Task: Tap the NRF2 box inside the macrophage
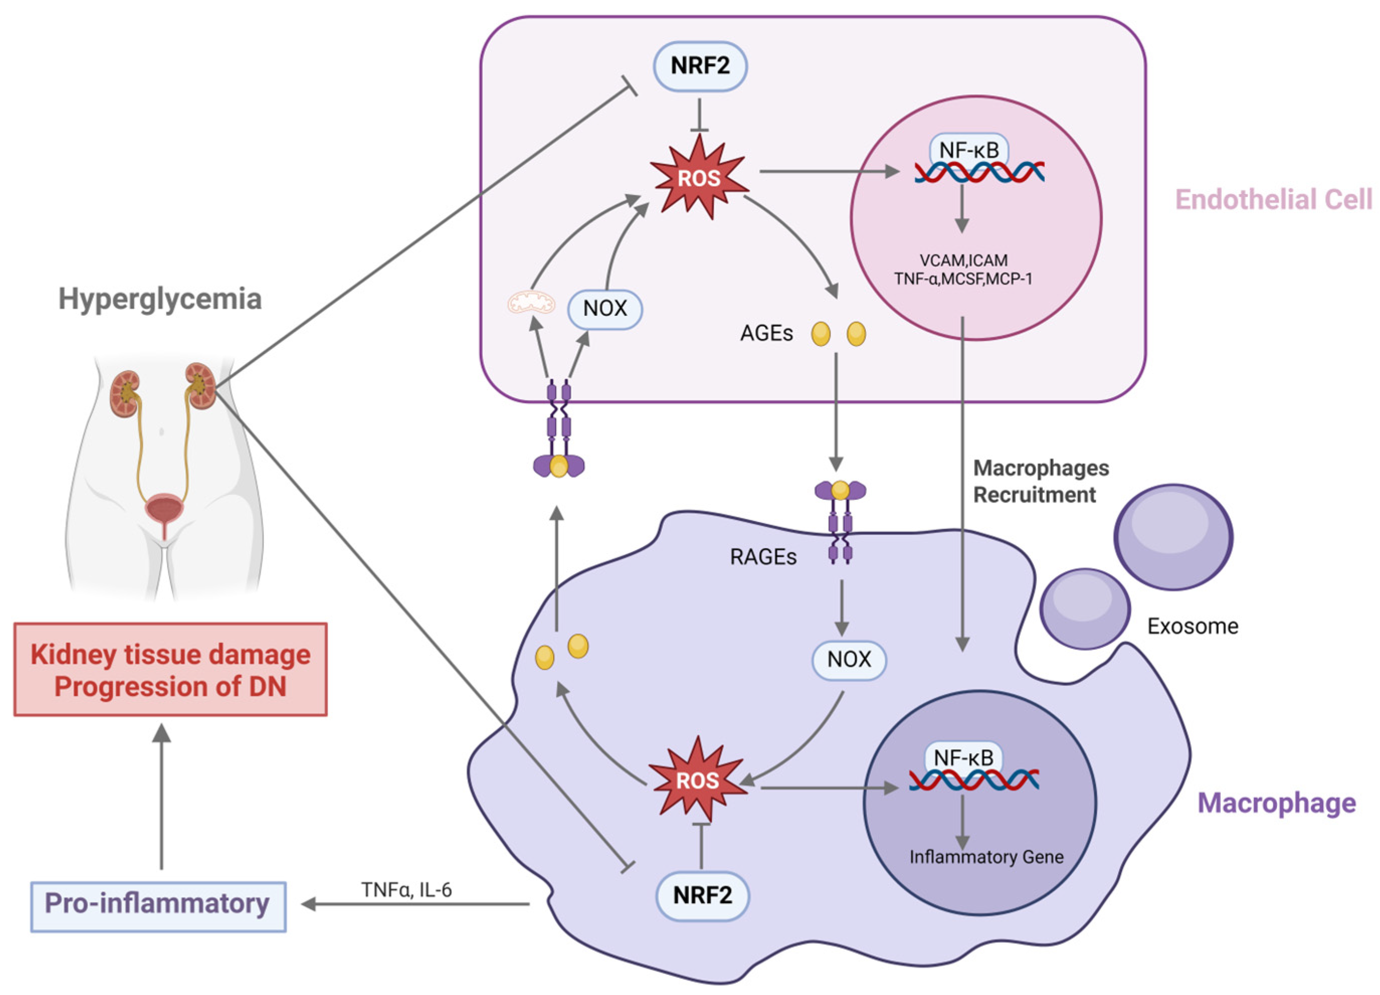coord(703,895)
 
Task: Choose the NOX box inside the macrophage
coord(849,660)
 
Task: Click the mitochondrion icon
coord(532,303)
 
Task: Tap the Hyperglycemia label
coord(160,299)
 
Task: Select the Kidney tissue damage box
coord(170,669)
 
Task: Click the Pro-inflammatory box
coord(158,906)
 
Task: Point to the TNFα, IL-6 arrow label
coord(407,890)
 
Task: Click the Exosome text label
coord(1193,626)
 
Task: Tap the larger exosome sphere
coord(1174,537)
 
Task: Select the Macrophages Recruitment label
coord(1041,481)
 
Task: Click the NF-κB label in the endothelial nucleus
coord(969,150)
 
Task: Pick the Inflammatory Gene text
coord(987,857)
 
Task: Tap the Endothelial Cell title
coord(1273,200)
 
